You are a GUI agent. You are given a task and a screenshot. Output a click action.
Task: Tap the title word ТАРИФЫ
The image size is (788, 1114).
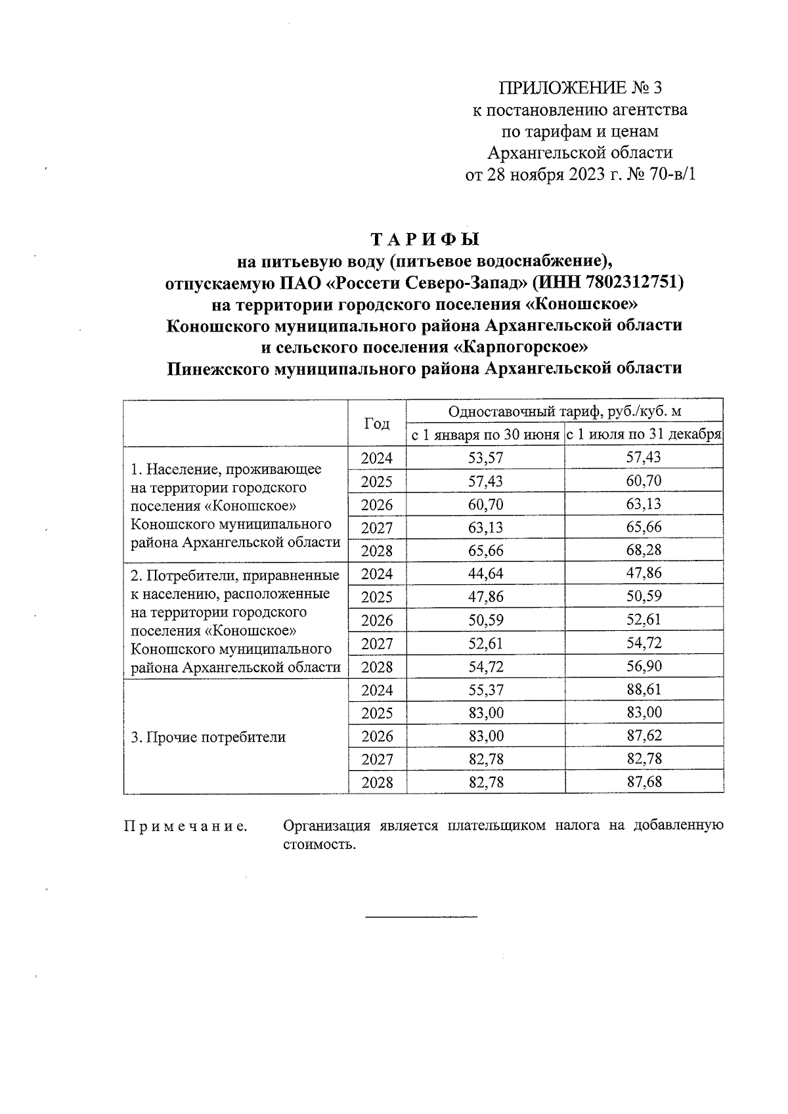[x=426, y=238]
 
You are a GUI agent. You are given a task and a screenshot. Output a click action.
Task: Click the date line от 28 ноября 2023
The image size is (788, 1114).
[x=579, y=175]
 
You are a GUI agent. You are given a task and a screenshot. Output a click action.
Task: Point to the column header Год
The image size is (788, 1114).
[x=376, y=423]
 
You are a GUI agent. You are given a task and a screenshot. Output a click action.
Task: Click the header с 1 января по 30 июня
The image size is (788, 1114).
[x=485, y=435]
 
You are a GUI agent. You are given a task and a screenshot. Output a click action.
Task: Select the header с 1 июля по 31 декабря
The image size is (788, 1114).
[x=644, y=435]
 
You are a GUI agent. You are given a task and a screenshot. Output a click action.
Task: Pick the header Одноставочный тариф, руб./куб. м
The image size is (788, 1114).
[x=565, y=412]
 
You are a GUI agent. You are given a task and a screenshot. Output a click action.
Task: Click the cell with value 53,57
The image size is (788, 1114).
[x=485, y=458]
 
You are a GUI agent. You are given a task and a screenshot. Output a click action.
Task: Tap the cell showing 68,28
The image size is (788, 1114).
[x=644, y=550]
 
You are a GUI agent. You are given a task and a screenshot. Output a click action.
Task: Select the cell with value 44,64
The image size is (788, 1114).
[x=485, y=574]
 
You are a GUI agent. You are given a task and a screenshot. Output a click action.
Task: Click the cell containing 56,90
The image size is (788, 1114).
[x=644, y=666]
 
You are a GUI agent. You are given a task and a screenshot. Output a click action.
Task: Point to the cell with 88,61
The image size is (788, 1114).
[x=644, y=689]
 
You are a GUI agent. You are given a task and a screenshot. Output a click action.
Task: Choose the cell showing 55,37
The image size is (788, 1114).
[x=485, y=689]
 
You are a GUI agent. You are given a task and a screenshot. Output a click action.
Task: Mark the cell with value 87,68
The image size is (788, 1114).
[x=644, y=782]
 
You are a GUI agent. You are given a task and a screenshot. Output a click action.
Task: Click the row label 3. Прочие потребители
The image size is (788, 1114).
[x=208, y=737]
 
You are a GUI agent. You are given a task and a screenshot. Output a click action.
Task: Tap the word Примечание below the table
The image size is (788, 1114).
[x=186, y=826]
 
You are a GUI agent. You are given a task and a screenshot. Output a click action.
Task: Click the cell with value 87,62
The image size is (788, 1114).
[x=644, y=736]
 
